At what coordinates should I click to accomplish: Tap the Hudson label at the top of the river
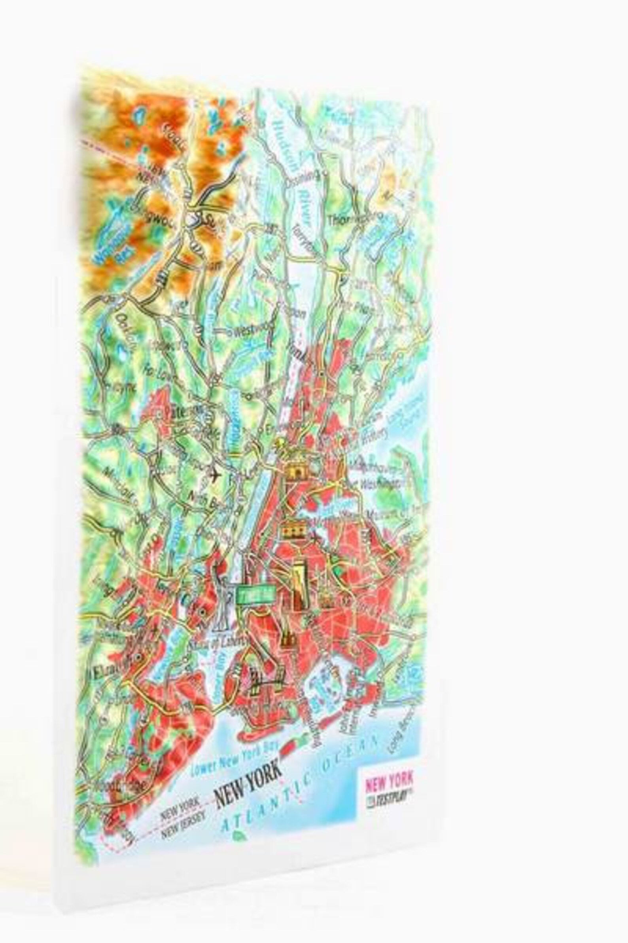(279, 132)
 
